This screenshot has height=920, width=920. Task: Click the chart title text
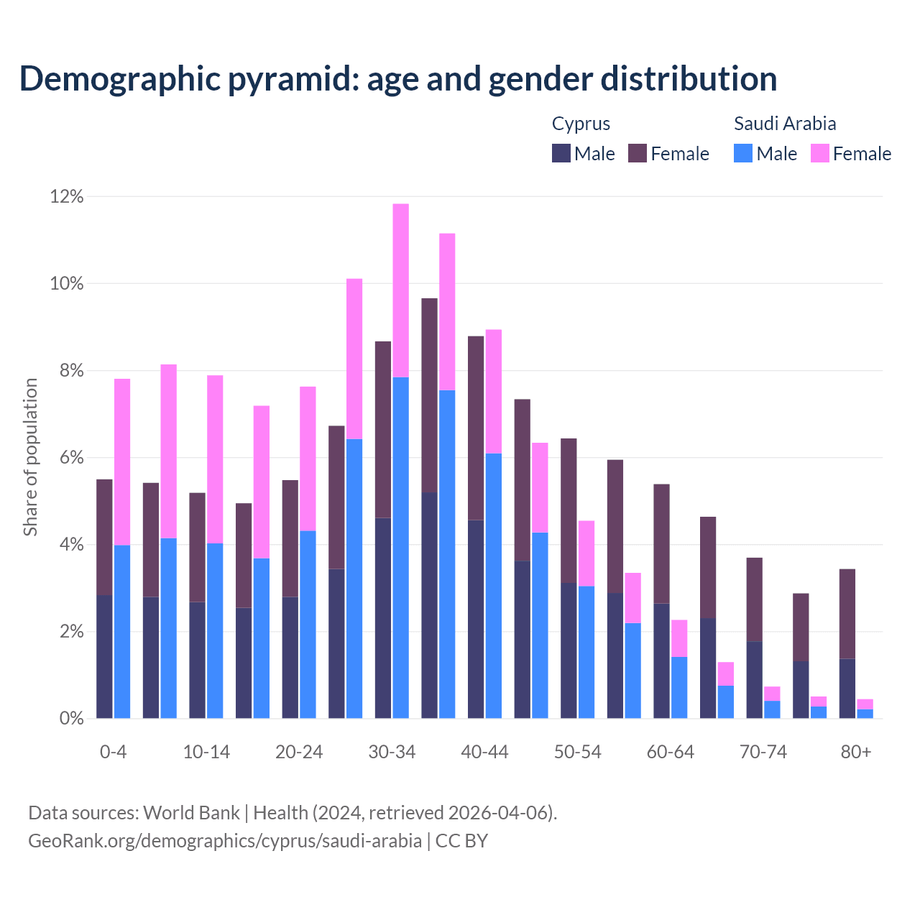[397, 79]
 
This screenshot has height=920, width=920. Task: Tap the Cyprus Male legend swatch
[561, 154]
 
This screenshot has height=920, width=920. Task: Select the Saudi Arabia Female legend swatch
[820, 154]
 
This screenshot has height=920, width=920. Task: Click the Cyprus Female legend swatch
[638, 154]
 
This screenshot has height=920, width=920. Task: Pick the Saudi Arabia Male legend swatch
[743, 154]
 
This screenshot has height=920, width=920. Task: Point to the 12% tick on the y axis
[67, 197]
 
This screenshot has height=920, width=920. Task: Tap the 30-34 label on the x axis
[392, 753]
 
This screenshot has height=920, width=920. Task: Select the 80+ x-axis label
[856, 753]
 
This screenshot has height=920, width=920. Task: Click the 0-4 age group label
[114, 753]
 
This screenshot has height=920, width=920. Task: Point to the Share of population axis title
[31, 457]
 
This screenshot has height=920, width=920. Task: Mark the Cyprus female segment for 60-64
[662, 543]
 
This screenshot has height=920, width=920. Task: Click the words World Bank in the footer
[191, 813]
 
